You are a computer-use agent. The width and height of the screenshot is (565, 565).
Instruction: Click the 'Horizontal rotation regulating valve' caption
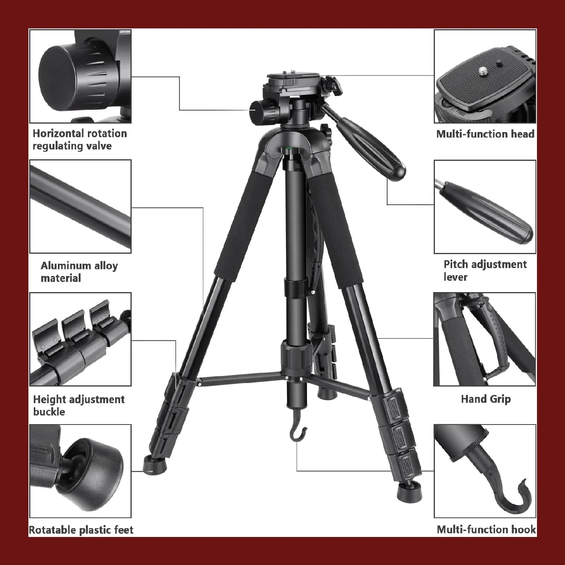(x=80, y=140)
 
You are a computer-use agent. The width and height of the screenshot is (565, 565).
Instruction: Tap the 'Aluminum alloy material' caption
(x=79, y=272)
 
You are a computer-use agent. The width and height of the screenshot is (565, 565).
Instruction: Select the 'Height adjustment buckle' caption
(x=79, y=405)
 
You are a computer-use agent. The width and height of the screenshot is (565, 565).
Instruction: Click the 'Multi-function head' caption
(x=485, y=134)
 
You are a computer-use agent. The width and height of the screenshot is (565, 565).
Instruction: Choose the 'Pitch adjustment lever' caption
(x=485, y=271)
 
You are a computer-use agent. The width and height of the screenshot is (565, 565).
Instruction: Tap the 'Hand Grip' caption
(x=486, y=399)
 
